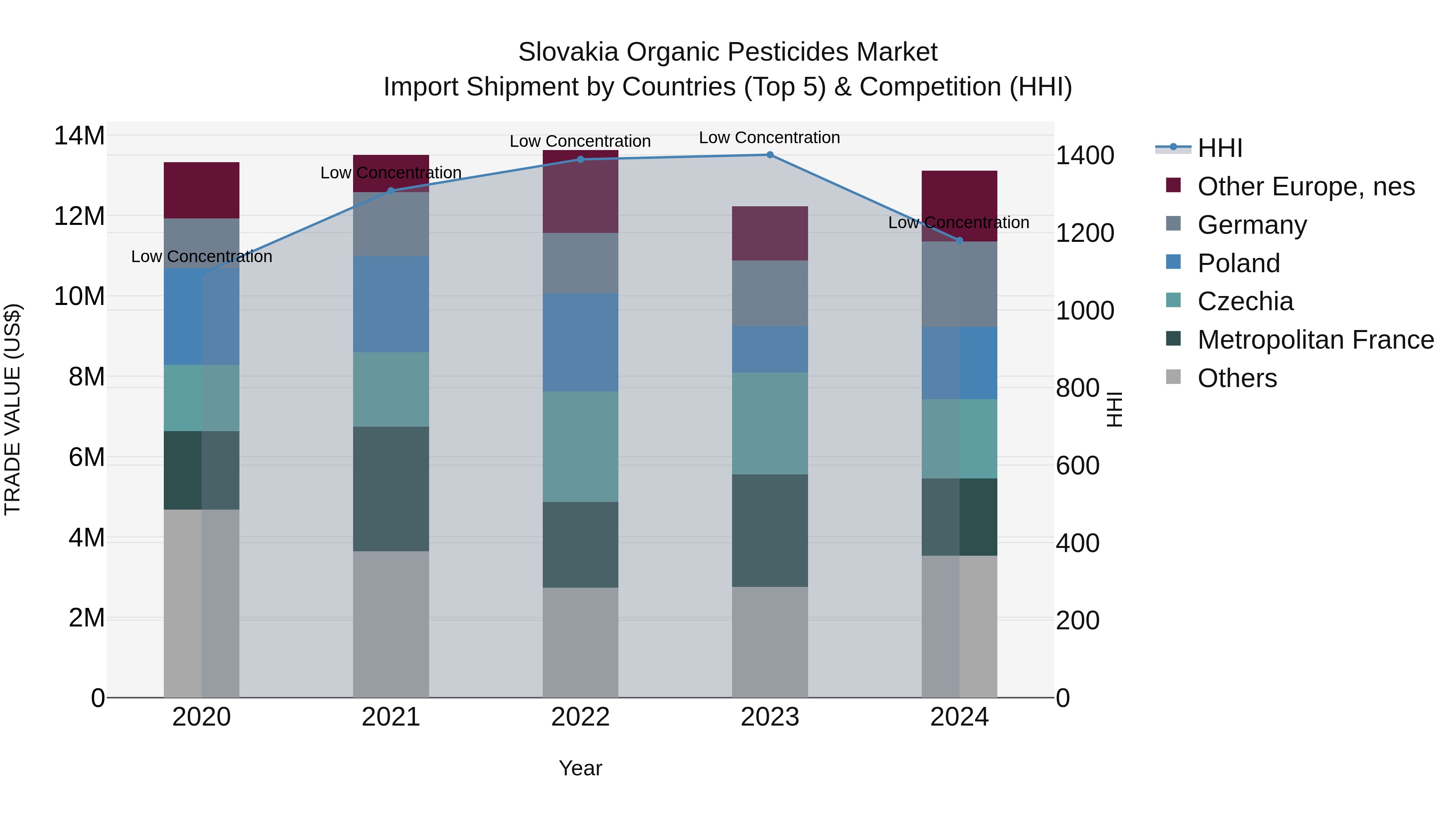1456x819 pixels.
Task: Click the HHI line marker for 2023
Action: point(770,155)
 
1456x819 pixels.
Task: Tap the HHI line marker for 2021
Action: point(391,191)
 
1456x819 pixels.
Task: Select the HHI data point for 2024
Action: point(959,241)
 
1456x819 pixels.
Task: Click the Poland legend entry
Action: point(1238,263)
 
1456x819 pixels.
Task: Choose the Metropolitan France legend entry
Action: point(1315,340)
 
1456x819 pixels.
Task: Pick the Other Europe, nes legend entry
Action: point(1306,186)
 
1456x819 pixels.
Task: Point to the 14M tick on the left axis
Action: point(79,136)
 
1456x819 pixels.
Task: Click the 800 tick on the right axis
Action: point(1077,388)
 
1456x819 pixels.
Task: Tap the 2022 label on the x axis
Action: point(580,717)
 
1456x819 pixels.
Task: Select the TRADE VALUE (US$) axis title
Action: point(13,409)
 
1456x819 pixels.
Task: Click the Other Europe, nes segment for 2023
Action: point(770,233)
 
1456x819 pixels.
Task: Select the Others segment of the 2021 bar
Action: point(391,624)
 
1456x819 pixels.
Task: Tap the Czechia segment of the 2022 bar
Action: point(580,447)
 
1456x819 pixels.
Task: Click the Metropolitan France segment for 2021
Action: point(391,489)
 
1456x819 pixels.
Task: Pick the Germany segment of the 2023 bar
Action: point(770,293)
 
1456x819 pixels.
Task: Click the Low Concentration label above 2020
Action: point(201,256)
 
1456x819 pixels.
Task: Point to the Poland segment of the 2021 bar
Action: point(391,304)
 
